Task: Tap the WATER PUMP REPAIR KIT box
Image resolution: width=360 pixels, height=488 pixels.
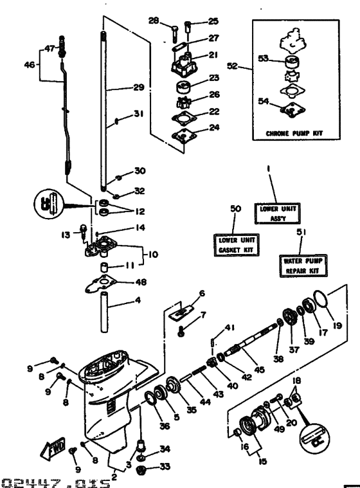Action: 303,266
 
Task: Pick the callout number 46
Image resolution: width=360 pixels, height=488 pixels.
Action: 29,65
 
